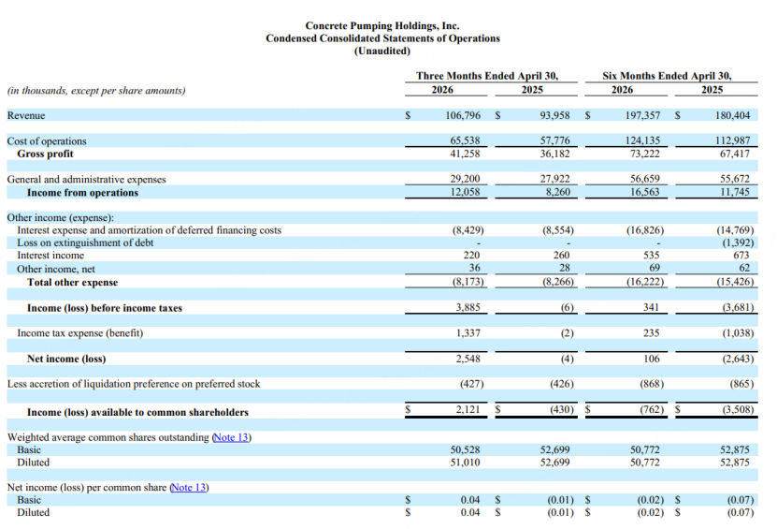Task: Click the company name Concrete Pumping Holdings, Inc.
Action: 382,26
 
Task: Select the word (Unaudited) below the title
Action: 382,51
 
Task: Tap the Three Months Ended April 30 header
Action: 487,76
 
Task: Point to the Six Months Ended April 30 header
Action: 667,76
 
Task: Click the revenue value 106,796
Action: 463,115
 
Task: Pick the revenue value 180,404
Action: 732,115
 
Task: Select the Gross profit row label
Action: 45,154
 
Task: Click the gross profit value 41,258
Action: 465,154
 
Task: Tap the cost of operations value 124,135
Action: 642,140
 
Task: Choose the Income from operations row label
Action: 83,193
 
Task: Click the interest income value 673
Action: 741,255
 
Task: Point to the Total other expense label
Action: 72,283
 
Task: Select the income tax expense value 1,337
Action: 468,333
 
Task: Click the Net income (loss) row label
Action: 66,359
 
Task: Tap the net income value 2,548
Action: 468,359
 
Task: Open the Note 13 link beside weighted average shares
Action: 230,437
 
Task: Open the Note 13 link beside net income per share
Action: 188,487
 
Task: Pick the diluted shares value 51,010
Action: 465,463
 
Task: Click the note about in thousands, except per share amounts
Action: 96,90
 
